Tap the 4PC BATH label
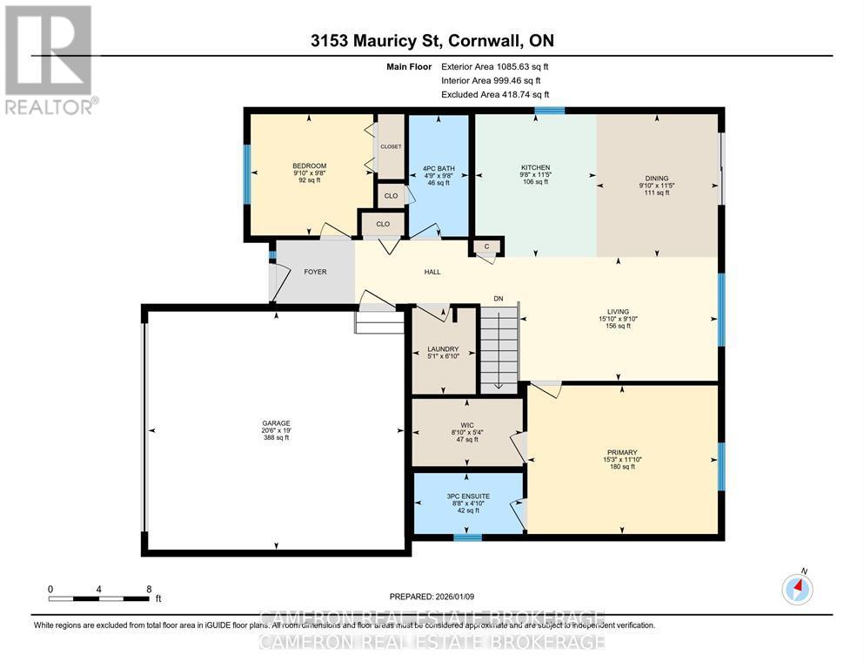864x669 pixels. (440, 168)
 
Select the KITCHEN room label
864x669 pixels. (535, 167)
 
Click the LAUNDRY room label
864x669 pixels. (444, 349)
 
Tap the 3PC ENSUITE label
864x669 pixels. (467, 496)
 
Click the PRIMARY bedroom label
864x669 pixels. (622, 452)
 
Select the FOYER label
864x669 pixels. (315, 272)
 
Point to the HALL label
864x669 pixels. (432, 272)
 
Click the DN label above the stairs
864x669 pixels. (499, 299)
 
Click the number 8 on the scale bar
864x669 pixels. (149, 589)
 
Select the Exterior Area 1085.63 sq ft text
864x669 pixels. (495, 66)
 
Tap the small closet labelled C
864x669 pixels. (487, 247)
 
